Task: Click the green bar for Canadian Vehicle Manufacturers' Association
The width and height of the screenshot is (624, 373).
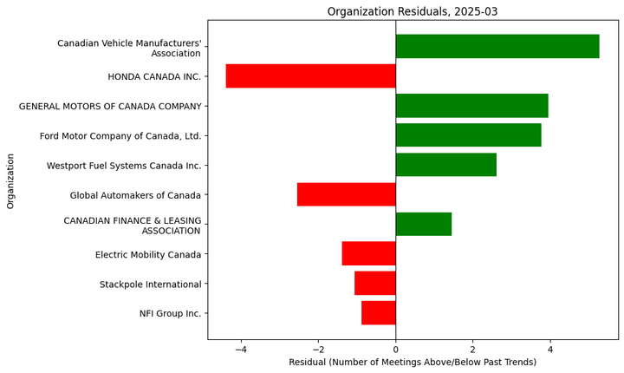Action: click(497, 46)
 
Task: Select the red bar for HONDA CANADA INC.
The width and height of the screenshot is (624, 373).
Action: click(310, 76)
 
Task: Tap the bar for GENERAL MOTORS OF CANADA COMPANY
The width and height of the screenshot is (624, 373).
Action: click(471, 106)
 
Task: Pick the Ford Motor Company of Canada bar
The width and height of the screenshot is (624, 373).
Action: click(468, 135)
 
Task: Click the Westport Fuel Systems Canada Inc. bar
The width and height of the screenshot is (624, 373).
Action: click(445, 165)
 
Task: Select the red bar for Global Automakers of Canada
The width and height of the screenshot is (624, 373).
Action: click(346, 194)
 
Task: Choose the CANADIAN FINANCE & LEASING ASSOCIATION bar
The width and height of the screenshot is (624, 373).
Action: click(423, 224)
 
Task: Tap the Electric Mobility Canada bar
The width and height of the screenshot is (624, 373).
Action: click(368, 253)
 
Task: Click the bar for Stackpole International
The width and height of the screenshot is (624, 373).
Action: click(374, 283)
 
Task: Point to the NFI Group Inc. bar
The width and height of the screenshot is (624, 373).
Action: click(378, 312)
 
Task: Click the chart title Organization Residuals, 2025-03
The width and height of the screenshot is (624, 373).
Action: click(413, 11)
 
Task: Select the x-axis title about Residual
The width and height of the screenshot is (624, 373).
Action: click(413, 362)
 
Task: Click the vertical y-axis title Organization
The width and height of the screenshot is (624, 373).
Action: click(11, 180)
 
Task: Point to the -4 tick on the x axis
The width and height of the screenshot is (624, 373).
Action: click(241, 350)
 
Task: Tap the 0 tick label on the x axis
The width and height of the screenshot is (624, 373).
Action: click(396, 350)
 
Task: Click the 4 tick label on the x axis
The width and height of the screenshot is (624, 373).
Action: click(550, 350)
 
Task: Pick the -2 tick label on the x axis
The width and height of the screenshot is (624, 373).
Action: click(318, 350)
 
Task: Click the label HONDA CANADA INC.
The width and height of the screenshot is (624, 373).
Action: click(154, 76)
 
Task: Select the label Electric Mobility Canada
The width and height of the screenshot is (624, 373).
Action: click(148, 254)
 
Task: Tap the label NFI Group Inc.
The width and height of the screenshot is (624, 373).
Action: click(170, 313)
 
